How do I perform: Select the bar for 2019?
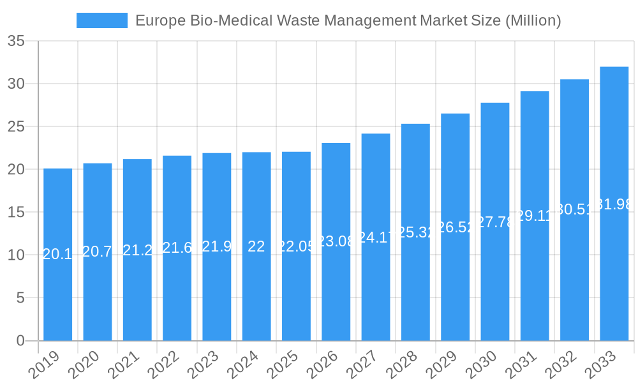tap(57, 255)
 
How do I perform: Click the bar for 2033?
tap(614, 204)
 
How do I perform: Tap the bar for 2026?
tap(336, 242)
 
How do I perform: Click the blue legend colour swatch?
tap(101, 20)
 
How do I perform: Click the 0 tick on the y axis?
tap(20, 341)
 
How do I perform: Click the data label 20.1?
tap(57, 254)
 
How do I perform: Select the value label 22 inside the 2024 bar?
tap(256, 247)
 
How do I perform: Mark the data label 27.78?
tap(495, 222)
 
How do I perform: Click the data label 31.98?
tap(614, 204)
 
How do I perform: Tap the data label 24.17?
tap(375, 237)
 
